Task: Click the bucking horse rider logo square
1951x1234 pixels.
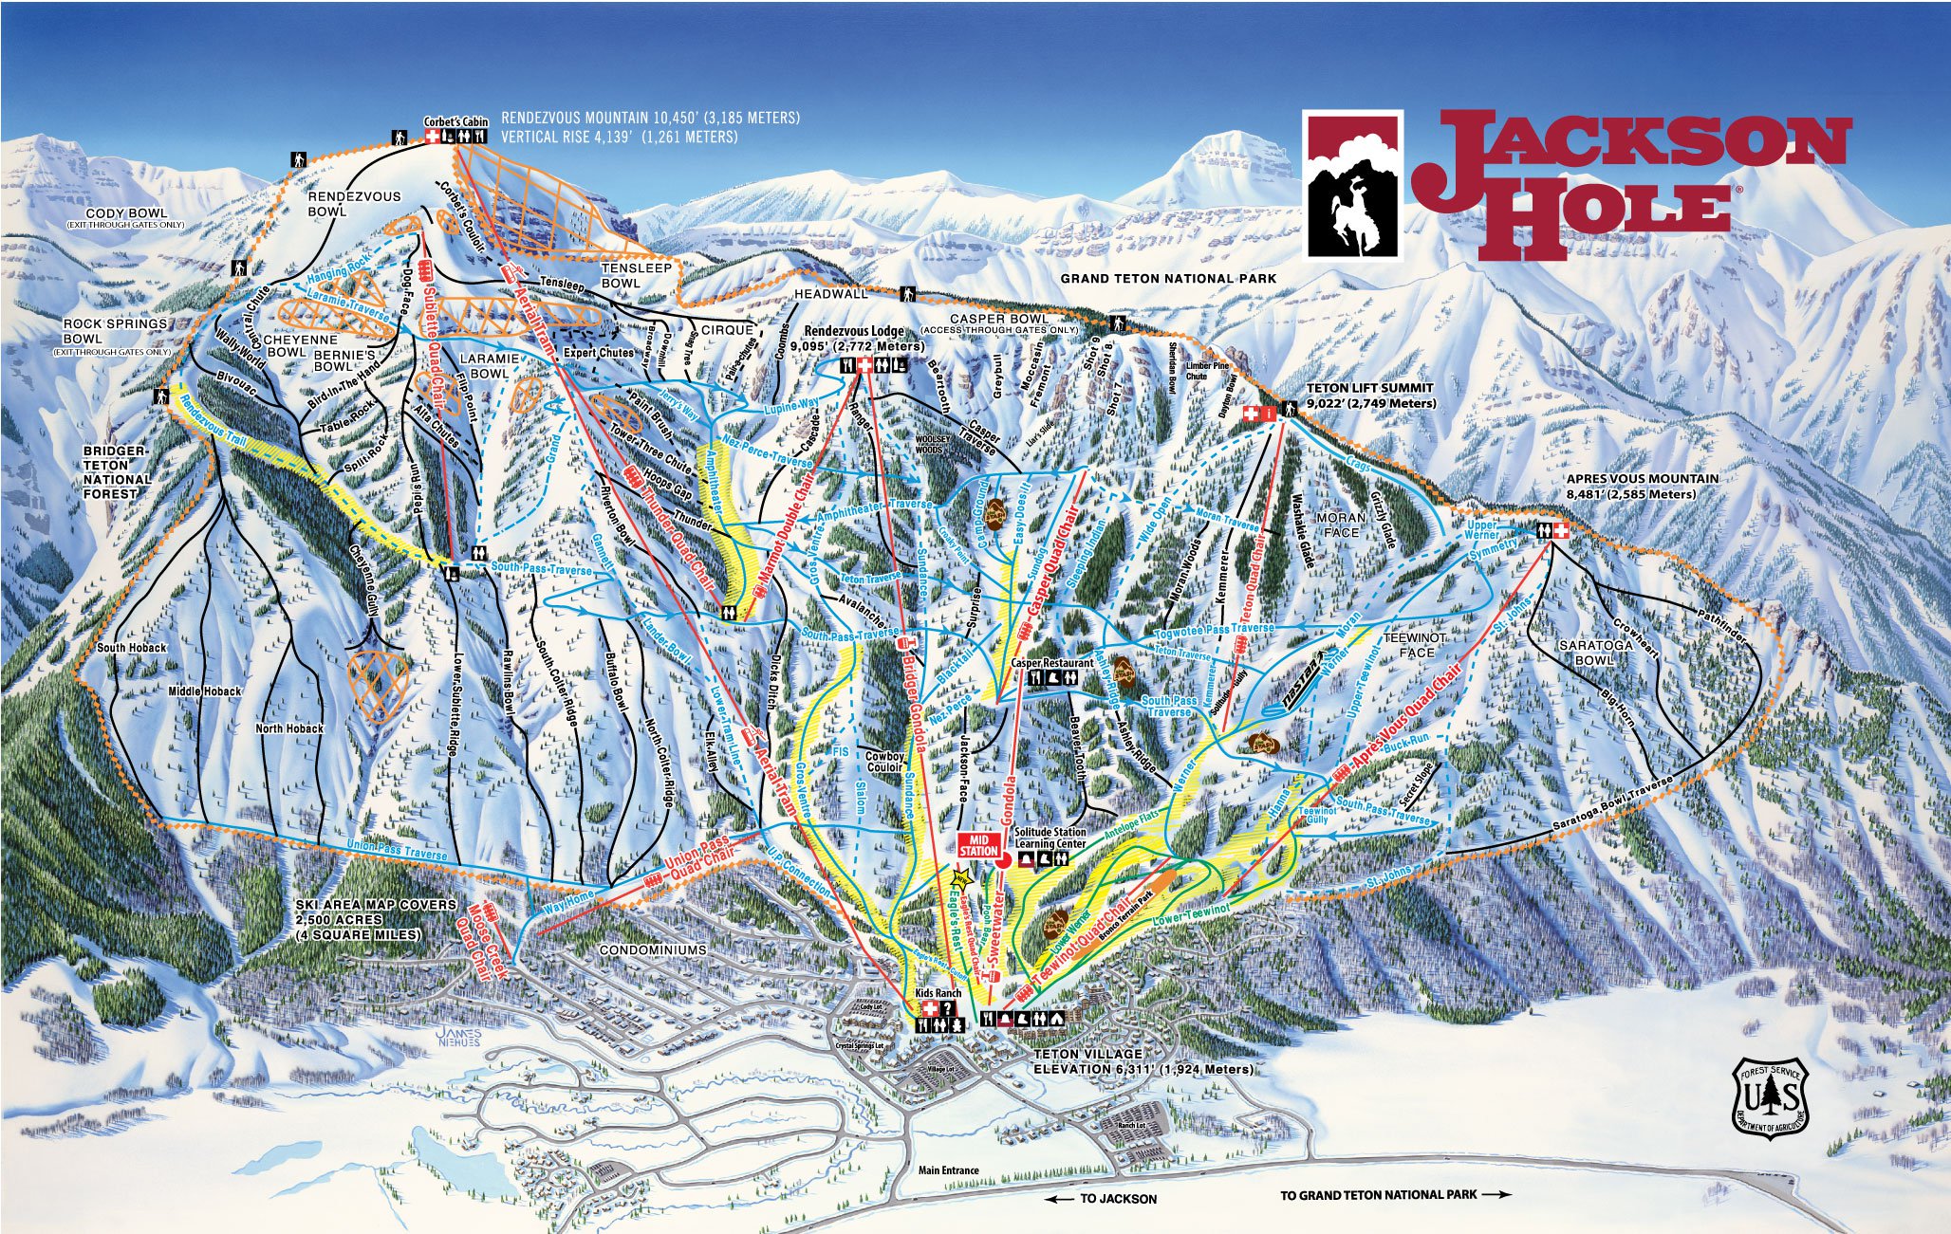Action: [1352, 184]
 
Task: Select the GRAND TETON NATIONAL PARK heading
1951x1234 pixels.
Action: [1168, 279]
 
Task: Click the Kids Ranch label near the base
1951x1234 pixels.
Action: [938, 993]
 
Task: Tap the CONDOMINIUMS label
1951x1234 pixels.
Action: [653, 949]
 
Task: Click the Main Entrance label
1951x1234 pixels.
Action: [948, 1170]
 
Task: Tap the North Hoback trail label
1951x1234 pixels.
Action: [289, 728]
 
